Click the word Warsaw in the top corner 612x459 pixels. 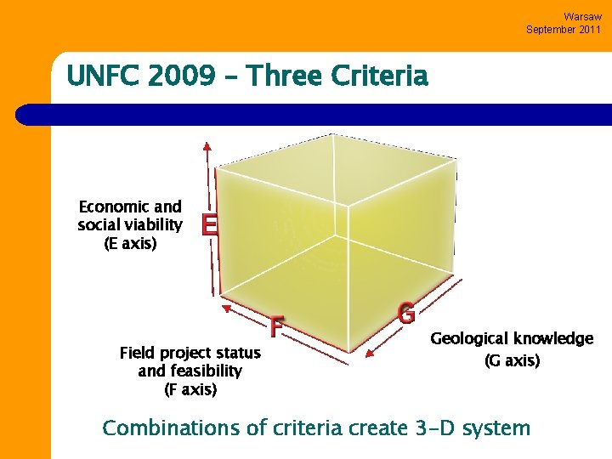point(582,16)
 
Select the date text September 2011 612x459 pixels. point(563,29)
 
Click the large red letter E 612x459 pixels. point(209,225)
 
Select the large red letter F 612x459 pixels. point(276,326)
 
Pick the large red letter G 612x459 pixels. point(406,314)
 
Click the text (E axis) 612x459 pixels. point(130,244)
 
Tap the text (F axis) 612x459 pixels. point(190,390)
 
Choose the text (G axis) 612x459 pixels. point(512,360)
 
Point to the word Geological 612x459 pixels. point(469,338)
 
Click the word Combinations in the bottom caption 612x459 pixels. point(171,428)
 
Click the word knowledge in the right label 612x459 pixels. point(553,338)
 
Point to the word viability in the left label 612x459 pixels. point(153,225)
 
